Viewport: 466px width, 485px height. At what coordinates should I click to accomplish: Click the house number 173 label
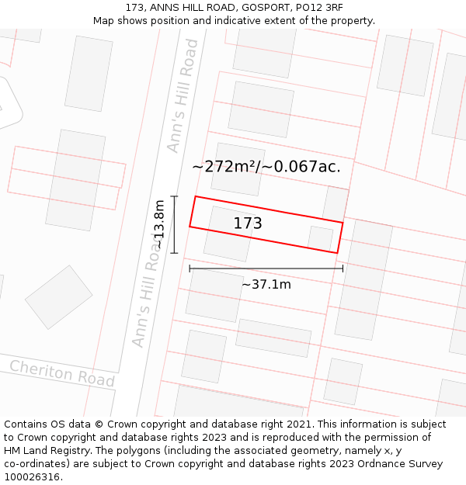[x=248, y=223]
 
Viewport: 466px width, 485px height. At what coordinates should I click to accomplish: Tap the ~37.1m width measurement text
[x=266, y=284]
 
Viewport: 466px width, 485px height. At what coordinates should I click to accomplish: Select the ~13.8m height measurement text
[x=158, y=224]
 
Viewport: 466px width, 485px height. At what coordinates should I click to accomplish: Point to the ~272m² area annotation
[x=224, y=166]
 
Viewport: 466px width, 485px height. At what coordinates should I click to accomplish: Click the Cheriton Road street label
[x=62, y=373]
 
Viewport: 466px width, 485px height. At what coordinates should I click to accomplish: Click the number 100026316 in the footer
[x=33, y=477]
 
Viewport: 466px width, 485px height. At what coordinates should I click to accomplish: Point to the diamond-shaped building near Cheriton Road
[x=58, y=297]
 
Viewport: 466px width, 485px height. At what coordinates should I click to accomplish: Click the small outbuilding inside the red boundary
[x=319, y=237]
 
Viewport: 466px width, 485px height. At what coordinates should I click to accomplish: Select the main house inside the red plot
[x=228, y=234]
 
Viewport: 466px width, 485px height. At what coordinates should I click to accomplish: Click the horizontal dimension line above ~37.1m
[x=266, y=269]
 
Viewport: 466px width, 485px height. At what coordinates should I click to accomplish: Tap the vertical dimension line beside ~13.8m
[x=174, y=224]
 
